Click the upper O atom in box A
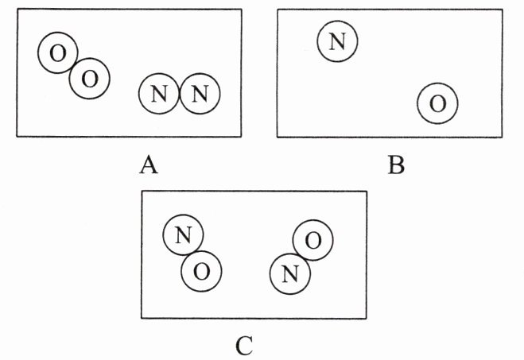point(58,52)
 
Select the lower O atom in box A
point(90,79)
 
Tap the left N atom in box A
point(159,94)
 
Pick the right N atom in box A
point(200,94)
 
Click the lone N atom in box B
point(337,41)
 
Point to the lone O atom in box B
point(437,103)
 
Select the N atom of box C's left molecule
point(183,234)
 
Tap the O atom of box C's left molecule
point(201,271)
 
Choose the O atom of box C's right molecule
point(313,240)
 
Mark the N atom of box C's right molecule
point(290,274)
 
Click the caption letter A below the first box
point(149,165)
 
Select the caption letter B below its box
point(396,165)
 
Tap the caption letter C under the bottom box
point(244,346)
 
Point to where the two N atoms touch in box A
point(180,94)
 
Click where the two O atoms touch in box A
point(74,66)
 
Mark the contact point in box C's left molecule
point(192,254)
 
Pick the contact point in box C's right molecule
point(302,257)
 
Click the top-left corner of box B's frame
point(278,10)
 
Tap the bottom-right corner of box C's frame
point(367,318)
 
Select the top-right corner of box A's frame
point(241,10)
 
